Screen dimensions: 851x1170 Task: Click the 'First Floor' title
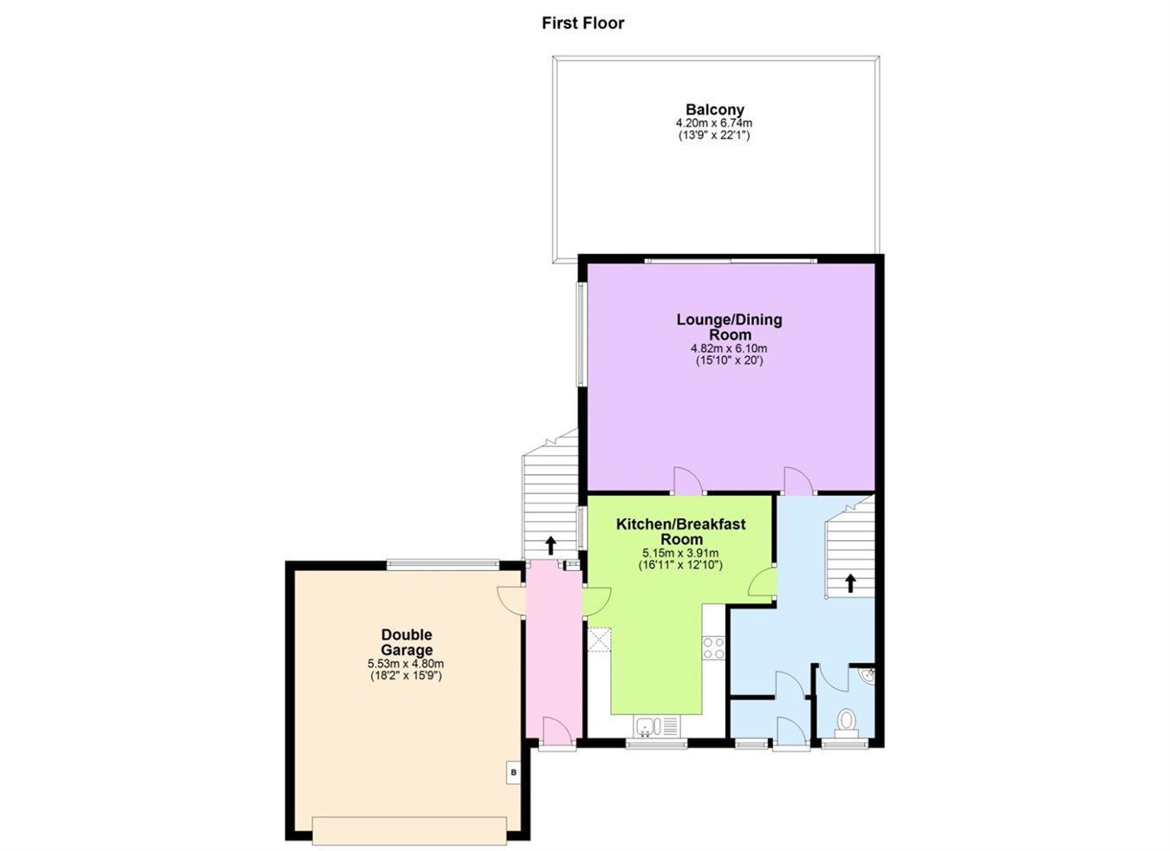582,23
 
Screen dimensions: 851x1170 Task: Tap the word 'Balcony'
714,110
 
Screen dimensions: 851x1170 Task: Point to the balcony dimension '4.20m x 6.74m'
714,123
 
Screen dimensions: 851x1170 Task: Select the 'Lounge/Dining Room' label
729,327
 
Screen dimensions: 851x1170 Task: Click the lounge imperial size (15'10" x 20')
729,361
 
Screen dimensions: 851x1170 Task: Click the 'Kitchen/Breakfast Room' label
680,531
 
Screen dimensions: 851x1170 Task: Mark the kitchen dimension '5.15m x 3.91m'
680,553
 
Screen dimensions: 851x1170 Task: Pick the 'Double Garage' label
406,642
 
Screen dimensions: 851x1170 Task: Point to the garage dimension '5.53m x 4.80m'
406,664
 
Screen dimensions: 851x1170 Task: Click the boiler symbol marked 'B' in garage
513,772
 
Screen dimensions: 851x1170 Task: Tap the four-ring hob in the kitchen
713,647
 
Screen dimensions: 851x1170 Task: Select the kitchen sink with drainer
657,725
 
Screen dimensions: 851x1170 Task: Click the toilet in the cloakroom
846,722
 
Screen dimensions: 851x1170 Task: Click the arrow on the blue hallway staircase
850,583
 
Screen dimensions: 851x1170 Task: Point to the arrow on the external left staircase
550,545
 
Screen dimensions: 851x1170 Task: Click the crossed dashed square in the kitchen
599,640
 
